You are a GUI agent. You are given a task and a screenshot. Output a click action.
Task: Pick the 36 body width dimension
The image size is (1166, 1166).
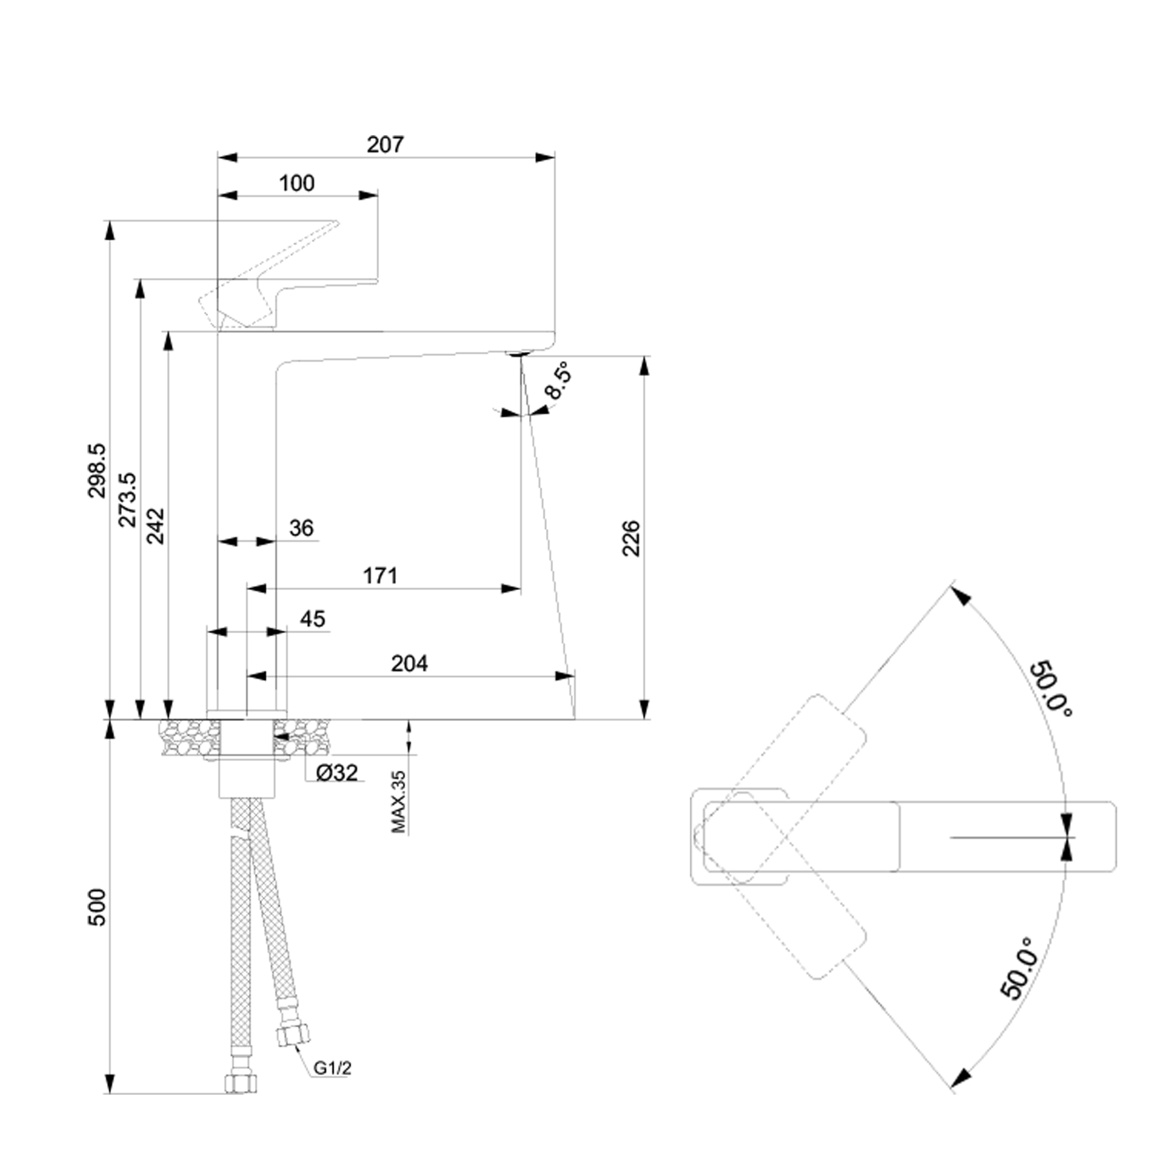pos(301,528)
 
